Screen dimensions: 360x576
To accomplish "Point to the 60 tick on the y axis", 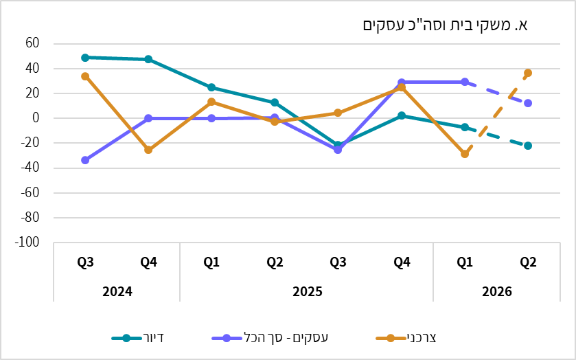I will coord(32,43).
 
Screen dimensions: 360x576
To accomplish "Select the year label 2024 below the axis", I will coord(117,291).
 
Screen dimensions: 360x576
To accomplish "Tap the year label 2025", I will coord(307,291).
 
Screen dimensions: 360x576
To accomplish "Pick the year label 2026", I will coord(496,291).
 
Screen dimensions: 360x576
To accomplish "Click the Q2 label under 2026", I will coord(528,262).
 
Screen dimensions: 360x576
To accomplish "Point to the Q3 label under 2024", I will coord(85,262).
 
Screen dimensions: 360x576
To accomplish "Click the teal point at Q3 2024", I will coord(85,58).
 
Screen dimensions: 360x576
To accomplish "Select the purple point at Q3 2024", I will coord(85,160).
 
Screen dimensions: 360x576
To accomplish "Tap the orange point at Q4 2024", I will coord(148,150).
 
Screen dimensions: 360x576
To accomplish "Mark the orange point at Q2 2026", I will coord(528,73).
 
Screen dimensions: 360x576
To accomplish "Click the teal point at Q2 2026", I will coord(528,146).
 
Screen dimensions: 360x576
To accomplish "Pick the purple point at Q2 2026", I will coord(528,103).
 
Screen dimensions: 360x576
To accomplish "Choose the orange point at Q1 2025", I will coord(211,102).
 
